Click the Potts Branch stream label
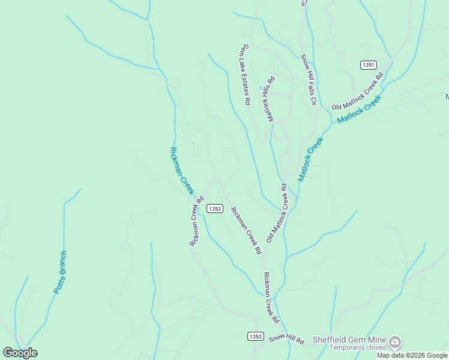tap(61, 272)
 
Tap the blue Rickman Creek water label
tap(182, 171)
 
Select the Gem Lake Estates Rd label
tap(246, 75)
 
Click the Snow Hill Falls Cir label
tap(309, 79)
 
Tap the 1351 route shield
tap(369, 65)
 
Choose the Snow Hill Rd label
tap(286, 339)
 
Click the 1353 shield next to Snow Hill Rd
tap(255, 337)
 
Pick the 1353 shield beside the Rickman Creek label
tap(215, 209)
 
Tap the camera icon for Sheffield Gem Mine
tap(395, 342)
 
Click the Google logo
tap(20, 353)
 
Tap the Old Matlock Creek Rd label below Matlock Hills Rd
tap(278, 214)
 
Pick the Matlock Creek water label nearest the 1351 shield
tap(359, 109)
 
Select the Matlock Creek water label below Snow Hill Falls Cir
tap(310, 159)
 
